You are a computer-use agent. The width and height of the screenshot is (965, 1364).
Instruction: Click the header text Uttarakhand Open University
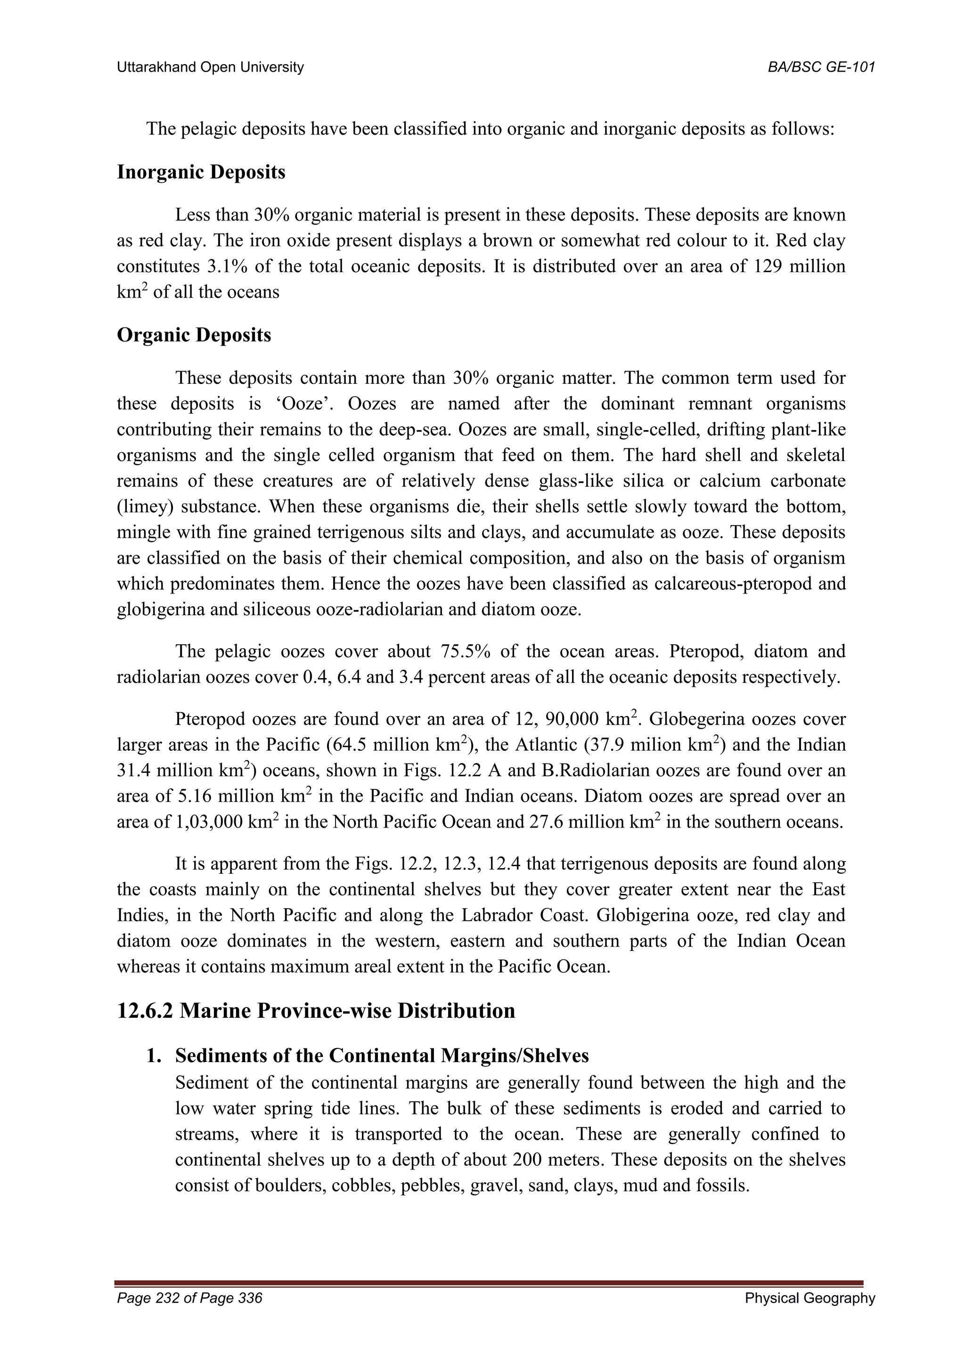click(x=210, y=67)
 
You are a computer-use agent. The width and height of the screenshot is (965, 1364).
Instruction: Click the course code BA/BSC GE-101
click(x=821, y=67)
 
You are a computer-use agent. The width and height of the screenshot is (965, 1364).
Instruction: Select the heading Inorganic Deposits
click(x=201, y=172)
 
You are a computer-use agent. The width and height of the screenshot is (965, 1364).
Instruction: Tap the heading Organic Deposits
click(x=194, y=335)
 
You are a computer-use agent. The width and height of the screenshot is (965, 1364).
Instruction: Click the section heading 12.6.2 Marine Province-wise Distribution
click(x=316, y=1011)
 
